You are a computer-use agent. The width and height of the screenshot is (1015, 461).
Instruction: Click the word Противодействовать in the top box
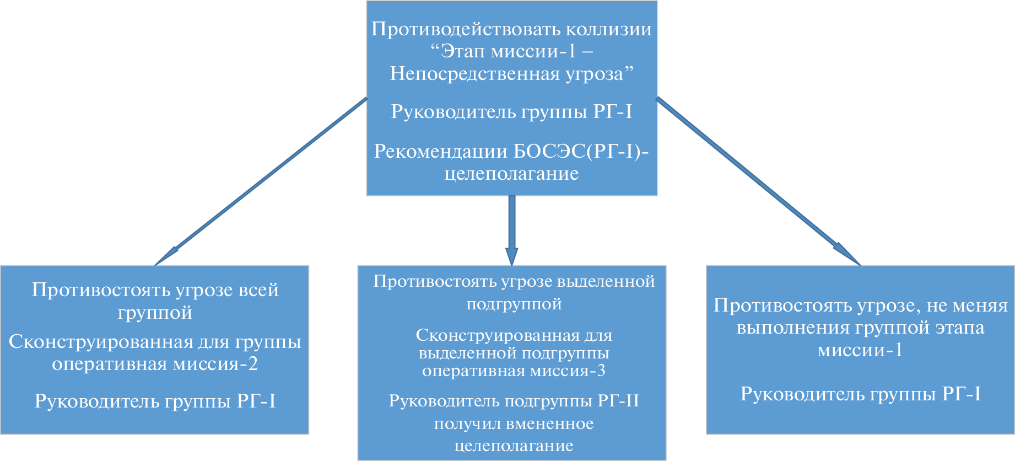click(466, 29)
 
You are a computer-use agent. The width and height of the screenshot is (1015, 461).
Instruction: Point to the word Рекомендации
click(441, 151)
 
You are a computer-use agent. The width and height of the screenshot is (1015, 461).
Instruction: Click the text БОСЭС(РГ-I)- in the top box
click(581, 151)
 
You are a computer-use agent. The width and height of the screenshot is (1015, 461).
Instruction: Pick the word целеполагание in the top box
click(511, 174)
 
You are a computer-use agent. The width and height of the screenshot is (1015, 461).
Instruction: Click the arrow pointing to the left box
click(259, 183)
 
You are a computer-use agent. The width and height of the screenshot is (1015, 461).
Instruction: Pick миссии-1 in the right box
click(860, 351)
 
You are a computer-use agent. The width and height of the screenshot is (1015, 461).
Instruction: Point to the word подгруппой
click(514, 304)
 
